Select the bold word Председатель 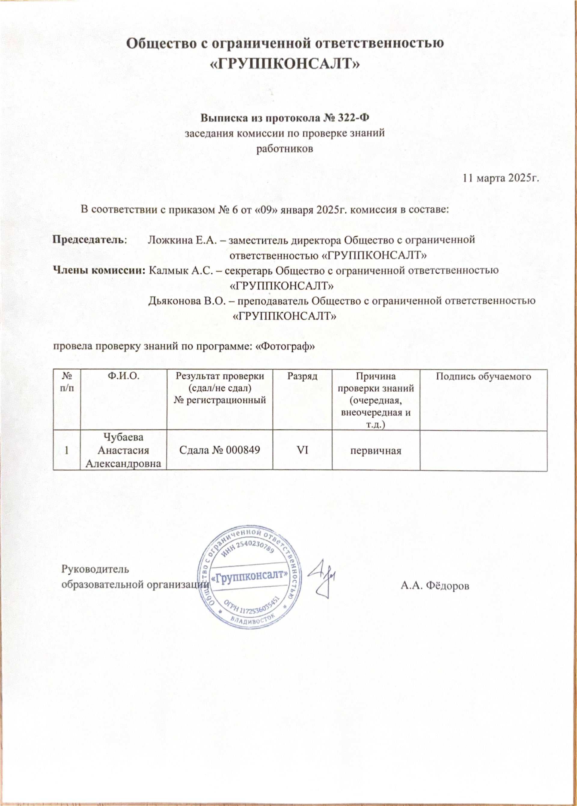tap(89, 240)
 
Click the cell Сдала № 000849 tap(220, 450)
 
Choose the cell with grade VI tap(302, 450)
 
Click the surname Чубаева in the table tap(123, 437)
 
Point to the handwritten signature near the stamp tap(322, 578)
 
